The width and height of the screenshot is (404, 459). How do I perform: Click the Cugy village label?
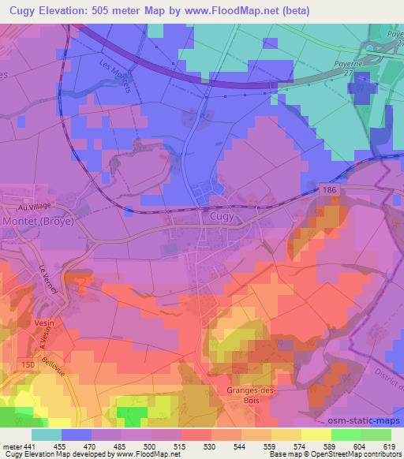[221, 214]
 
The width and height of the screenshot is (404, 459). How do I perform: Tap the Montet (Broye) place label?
[39, 222]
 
